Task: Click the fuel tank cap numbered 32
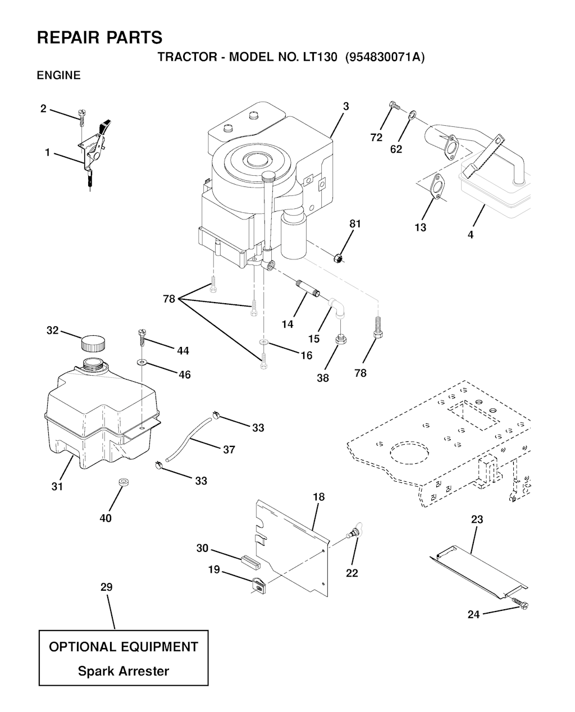pos(93,344)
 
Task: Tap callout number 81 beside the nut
pos(355,224)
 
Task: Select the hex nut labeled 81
pos(338,258)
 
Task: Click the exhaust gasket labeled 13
pos(437,185)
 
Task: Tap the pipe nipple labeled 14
pos(308,289)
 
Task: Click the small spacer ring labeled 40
pos(124,483)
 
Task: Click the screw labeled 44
pos(142,338)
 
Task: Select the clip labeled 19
pos(258,585)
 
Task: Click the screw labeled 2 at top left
pos(81,117)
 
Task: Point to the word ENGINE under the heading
pos(59,76)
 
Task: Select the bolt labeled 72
pos(395,106)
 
